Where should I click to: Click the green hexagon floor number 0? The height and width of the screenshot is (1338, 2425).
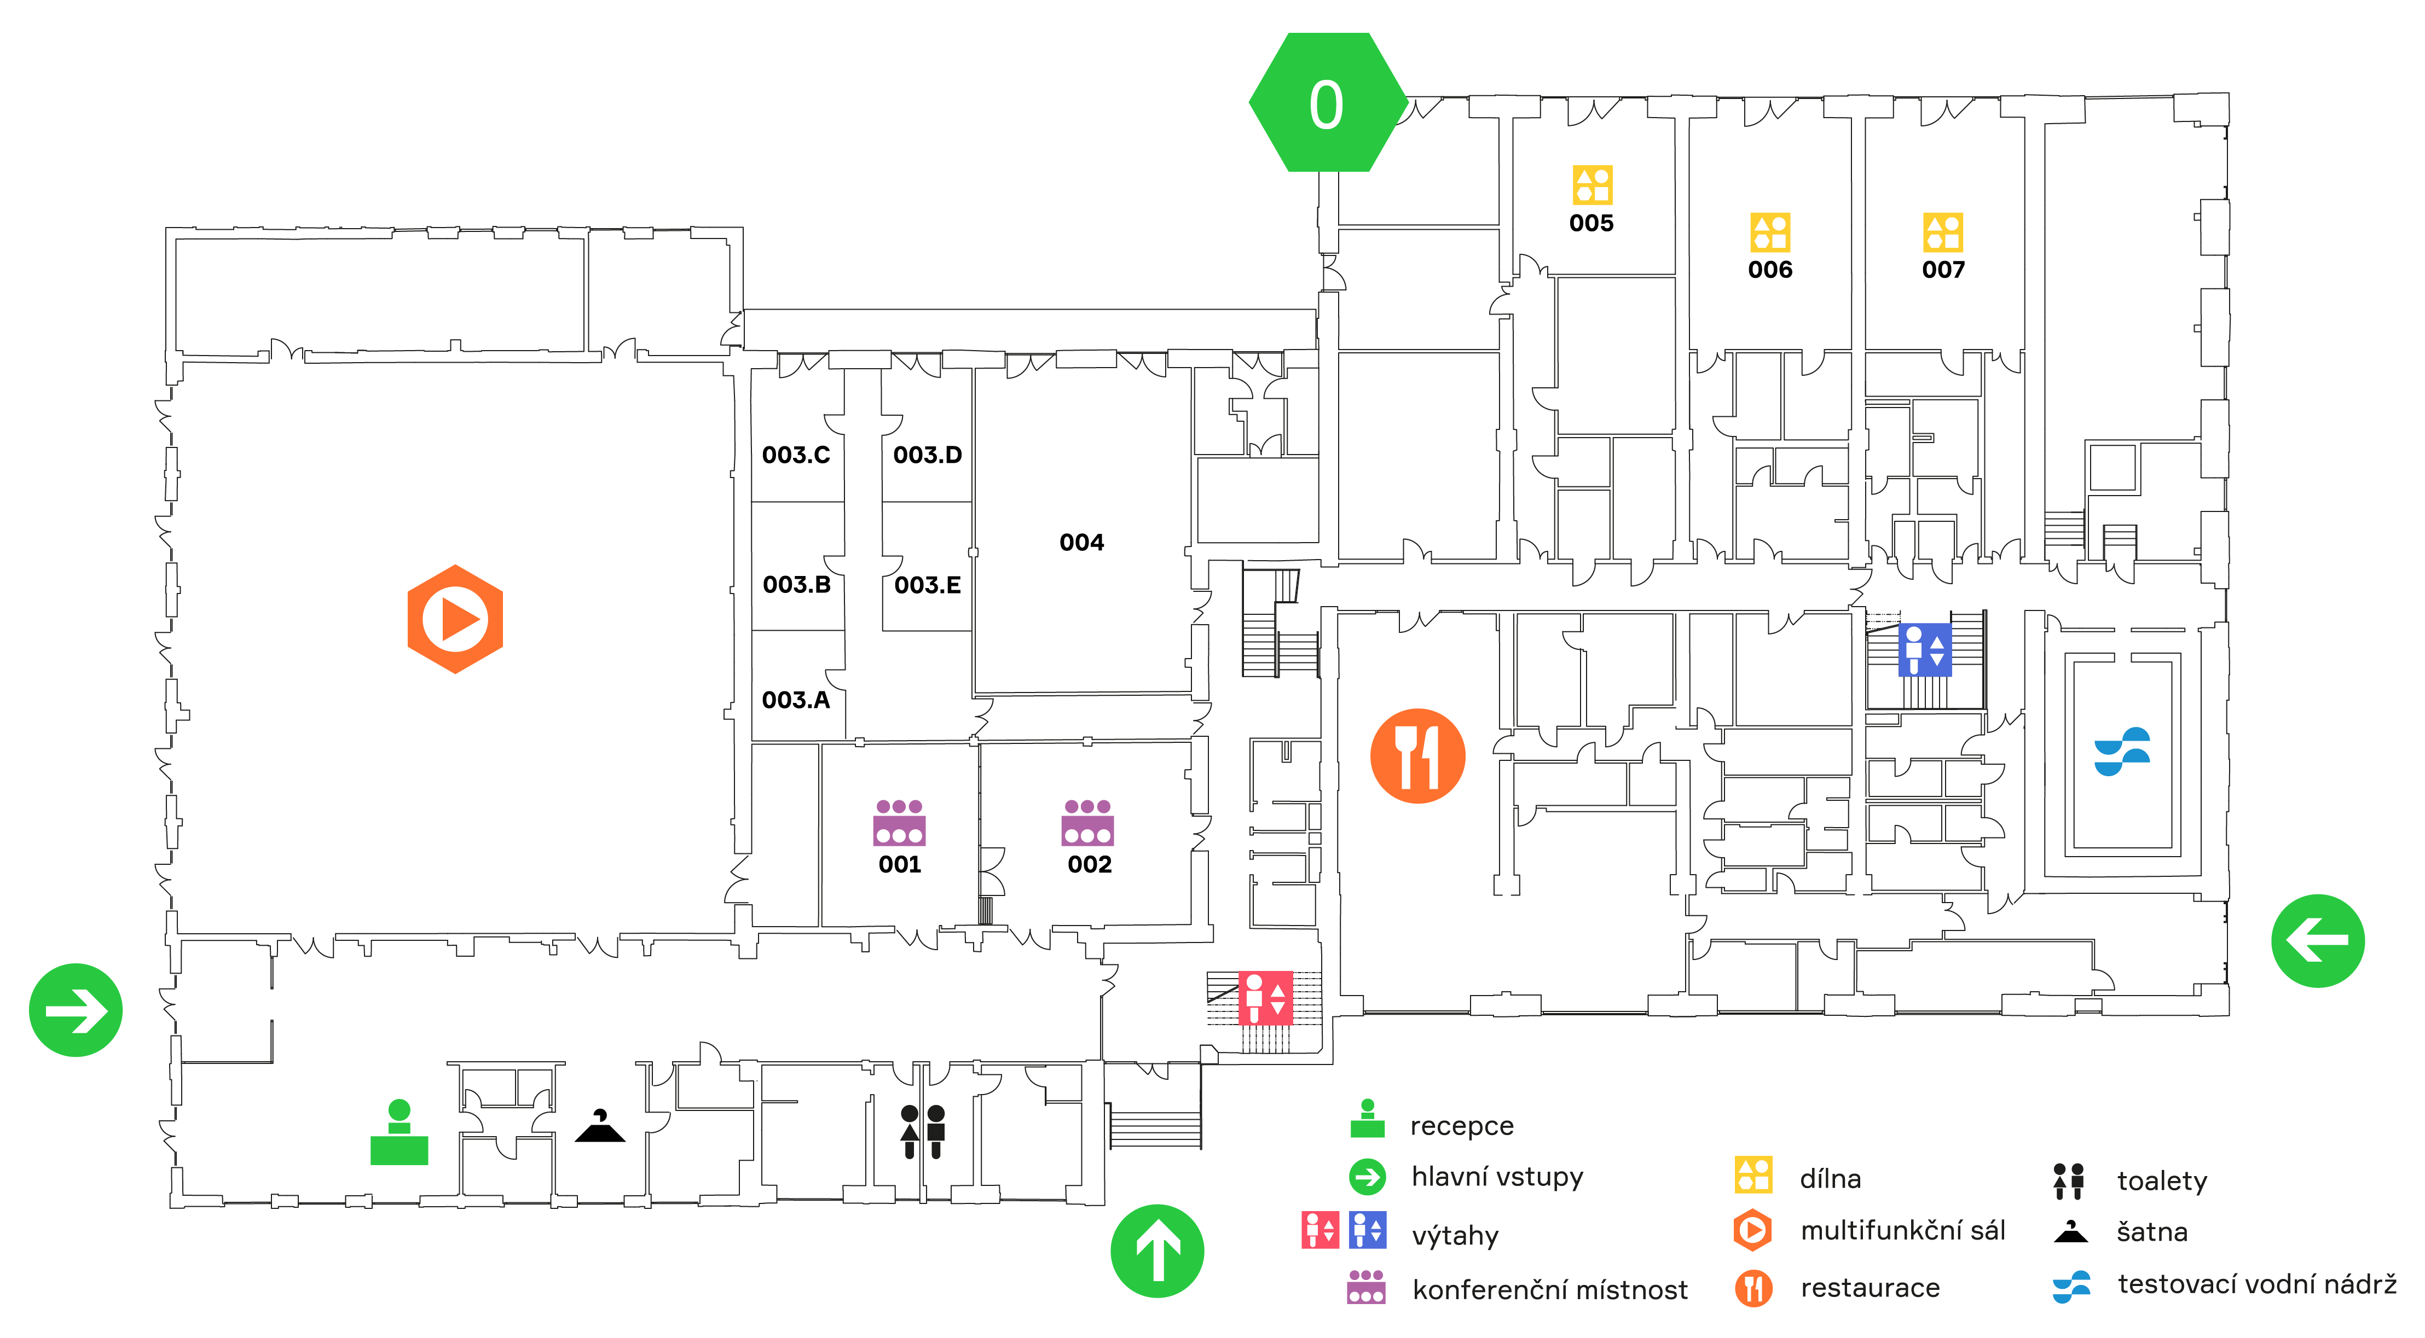pos(1327,102)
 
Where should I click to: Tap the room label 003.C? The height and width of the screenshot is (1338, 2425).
pos(796,456)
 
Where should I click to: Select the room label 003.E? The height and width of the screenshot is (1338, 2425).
pos(927,585)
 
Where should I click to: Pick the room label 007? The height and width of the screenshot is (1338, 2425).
pos(1943,270)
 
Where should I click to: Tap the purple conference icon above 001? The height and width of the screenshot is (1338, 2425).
pos(899,822)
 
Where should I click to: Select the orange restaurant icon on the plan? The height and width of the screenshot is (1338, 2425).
pos(1417,755)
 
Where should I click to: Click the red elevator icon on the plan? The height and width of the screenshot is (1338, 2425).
pos(1265,997)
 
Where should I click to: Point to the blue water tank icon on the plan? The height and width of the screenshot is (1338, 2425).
pos(2122,751)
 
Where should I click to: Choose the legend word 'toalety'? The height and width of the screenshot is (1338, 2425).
pos(2161,1181)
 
